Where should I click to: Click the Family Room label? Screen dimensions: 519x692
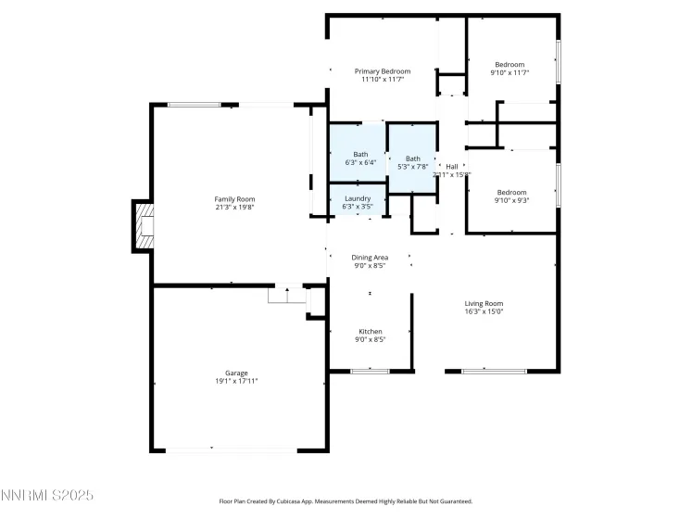pos(234,199)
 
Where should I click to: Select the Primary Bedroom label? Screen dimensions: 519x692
pos(383,71)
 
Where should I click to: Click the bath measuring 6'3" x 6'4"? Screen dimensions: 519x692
pos(359,158)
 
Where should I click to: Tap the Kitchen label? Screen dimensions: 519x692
pos(371,331)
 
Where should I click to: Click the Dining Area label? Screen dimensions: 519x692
pos(370,257)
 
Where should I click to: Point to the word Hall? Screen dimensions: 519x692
pos(452,166)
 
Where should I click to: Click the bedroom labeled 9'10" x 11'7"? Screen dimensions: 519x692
pos(510,68)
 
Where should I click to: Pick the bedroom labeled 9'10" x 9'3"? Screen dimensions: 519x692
pos(510,196)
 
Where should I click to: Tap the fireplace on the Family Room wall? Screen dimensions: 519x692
pos(143,226)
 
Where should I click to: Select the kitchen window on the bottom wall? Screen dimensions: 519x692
pos(370,372)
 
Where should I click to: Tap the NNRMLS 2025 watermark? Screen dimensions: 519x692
pos(47,496)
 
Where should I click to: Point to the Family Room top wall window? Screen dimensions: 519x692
pos(194,105)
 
